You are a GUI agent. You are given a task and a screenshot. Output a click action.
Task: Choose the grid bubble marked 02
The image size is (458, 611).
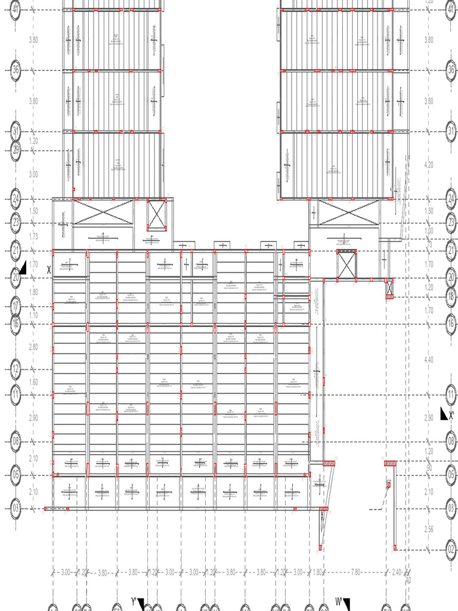click(x=451, y=550)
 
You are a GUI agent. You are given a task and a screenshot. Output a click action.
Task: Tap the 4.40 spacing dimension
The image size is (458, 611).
click(x=429, y=359)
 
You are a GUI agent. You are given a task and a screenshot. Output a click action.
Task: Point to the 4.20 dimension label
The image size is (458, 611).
click(x=429, y=164)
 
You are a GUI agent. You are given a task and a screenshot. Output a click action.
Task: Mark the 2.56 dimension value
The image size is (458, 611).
click(x=429, y=529)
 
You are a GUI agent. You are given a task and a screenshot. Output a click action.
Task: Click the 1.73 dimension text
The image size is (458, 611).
click(x=33, y=237)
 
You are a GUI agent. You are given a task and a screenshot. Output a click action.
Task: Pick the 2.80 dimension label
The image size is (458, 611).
click(x=33, y=347)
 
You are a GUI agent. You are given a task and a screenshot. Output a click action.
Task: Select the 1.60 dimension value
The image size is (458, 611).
click(x=33, y=382)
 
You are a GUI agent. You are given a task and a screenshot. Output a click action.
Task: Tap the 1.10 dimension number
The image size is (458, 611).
click(x=33, y=315)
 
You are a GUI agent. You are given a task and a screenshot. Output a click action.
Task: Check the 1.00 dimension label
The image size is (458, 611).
click(x=429, y=231)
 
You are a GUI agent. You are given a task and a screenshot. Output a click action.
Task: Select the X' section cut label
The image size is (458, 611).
click(x=451, y=415)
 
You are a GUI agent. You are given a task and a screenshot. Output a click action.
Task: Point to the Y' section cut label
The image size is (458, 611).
click(x=134, y=601)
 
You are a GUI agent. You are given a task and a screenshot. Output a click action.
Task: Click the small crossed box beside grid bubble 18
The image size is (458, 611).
click(x=389, y=289)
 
